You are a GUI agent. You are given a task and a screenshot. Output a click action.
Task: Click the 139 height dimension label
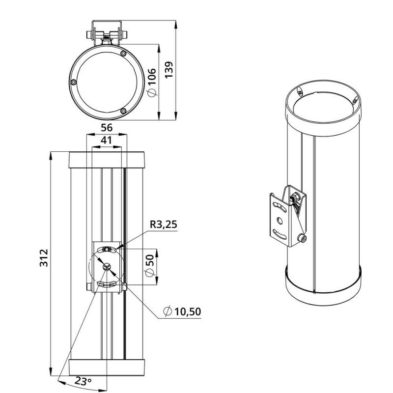click(169, 70)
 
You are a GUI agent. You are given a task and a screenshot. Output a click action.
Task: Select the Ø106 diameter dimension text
click(152, 83)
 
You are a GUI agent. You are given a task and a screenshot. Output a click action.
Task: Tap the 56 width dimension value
click(107, 128)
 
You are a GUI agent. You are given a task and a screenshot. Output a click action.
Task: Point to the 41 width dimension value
click(106, 140)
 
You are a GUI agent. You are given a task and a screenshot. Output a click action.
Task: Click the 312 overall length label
click(44, 258)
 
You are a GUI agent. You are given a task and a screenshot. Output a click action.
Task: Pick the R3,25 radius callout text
click(164, 225)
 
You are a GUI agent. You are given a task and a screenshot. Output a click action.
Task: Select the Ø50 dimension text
click(149, 266)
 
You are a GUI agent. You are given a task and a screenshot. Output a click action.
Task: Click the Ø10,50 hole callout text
click(182, 311)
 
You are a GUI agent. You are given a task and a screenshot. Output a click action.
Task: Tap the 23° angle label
click(83, 382)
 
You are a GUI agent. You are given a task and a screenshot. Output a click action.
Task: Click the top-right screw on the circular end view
click(123, 54)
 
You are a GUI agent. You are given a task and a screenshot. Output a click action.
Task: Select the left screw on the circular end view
click(73, 82)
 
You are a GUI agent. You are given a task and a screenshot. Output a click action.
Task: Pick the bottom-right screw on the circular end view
click(123, 111)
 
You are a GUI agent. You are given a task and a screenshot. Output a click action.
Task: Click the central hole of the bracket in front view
click(107, 266)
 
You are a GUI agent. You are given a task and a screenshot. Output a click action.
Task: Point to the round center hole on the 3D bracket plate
click(280, 221)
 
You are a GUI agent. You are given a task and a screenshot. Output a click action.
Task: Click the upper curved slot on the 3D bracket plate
click(280, 207)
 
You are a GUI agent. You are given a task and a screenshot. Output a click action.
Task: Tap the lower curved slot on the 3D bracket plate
click(280, 234)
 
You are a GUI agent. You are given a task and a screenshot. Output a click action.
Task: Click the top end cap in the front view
click(107, 160)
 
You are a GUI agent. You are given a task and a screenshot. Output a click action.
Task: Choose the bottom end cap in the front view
click(107, 367)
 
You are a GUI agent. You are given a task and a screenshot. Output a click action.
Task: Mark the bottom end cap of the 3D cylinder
click(323, 288)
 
